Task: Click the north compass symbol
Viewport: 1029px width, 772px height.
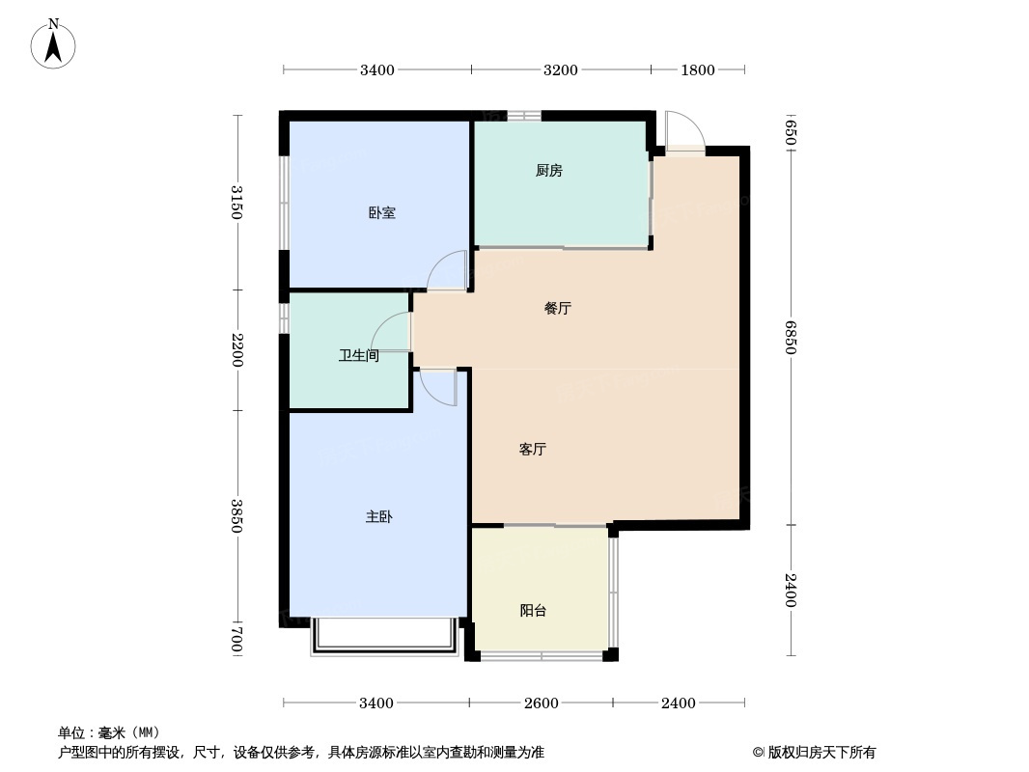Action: pos(54,43)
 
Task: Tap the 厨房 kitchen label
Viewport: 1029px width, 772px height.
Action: pos(548,171)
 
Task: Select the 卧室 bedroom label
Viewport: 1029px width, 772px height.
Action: pos(381,212)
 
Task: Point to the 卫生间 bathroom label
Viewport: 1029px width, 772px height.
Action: pos(358,356)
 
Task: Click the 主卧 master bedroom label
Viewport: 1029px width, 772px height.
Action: pos(378,517)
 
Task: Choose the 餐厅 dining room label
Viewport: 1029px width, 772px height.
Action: pos(557,309)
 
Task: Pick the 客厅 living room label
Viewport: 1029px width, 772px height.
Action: pos(533,450)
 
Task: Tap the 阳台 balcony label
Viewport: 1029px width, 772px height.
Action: pos(533,610)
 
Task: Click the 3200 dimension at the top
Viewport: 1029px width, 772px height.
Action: pos(560,69)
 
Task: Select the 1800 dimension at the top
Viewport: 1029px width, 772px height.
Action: pos(698,69)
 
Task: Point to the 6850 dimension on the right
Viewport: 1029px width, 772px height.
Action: pos(790,337)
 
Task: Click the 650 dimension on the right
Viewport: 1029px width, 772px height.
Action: pos(790,132)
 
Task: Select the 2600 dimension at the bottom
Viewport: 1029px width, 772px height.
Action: pos(541,703)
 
